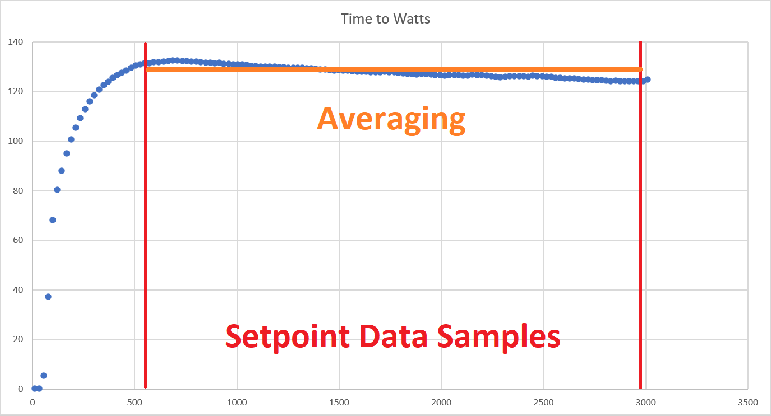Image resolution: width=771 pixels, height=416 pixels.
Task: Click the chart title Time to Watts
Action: [385, 18]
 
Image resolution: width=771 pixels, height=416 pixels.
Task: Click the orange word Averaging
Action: [391, 119]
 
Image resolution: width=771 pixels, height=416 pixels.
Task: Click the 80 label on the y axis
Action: [17, 191]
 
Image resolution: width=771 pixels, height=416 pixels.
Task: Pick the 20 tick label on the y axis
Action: [17, 339]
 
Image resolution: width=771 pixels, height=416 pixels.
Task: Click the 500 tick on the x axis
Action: [135, 402]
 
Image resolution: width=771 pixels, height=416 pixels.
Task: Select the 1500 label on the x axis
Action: [339, 402]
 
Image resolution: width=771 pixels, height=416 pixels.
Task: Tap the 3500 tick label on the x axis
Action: [748, 402]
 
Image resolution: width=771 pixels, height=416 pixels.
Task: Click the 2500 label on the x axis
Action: [544, 402]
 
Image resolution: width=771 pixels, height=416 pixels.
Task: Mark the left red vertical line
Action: [145, 224]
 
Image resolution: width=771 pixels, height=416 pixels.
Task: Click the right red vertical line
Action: [640, 224]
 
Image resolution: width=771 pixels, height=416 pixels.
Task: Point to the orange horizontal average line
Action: [393, 69]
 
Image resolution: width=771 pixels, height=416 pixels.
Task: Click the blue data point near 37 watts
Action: [48, 297]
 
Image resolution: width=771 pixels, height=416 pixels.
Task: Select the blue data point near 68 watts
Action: [53, 220]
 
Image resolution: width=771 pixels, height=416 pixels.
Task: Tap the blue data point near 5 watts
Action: [44, 376]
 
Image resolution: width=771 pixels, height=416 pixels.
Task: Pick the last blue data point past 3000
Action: [647, 80]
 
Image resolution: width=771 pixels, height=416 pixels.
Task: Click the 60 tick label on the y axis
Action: [17, 240]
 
